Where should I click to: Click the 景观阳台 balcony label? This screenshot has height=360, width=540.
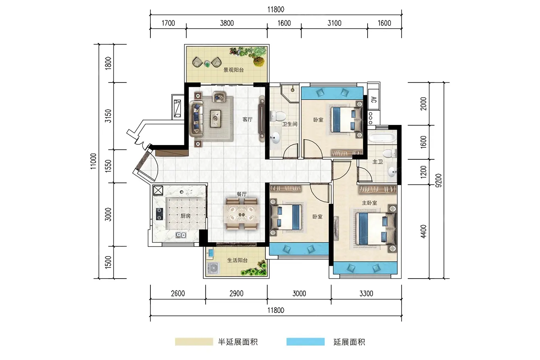click(x=233, y=70)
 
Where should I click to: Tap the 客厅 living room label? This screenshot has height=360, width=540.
click(x=247, y=119)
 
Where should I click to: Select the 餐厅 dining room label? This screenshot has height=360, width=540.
click(x=241, y=194)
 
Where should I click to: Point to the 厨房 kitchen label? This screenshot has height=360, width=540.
click(x=186, y=216)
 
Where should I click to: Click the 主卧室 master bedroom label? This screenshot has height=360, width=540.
click(x=370, y=203)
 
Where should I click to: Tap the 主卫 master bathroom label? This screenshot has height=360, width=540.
click(x=378, y=162)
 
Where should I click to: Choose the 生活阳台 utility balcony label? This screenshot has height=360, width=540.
click(x=237, y=260)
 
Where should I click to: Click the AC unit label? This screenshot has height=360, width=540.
click(x=373, y=100)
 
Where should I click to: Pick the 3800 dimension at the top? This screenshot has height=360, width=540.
click(x=227, y=23)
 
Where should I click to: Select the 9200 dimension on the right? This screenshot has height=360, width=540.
click(x=439, y=180)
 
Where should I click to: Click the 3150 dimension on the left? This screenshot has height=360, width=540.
click(x=108, y=116)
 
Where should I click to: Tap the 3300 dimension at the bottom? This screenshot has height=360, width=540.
click(x=366, y=294)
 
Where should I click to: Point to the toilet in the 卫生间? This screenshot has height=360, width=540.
click(x=278, y=116)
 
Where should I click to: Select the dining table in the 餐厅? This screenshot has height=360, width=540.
click(x=242, y=214)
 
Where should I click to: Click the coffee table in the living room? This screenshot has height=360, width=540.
click(x=216, y=118)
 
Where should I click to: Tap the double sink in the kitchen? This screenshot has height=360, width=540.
click(x=181, y=235)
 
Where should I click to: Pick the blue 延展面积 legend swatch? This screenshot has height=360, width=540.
click(x=305, y=342)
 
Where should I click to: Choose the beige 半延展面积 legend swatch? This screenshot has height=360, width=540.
click(x=194, y=342)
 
